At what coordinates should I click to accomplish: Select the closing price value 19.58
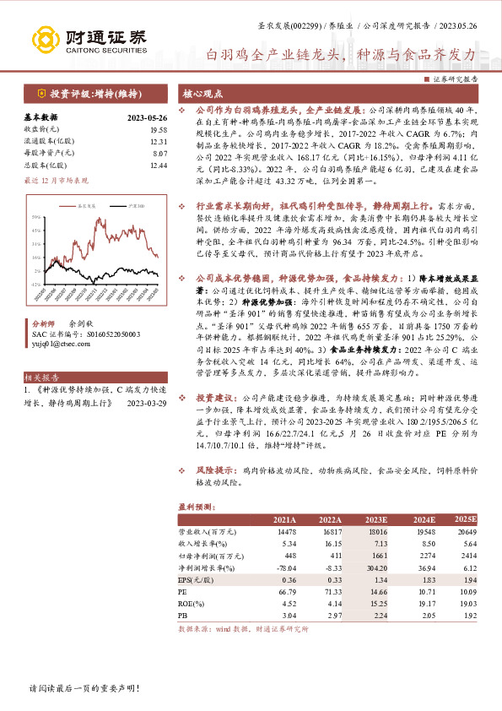pos(158,130)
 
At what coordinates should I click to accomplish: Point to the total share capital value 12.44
pos(158,166)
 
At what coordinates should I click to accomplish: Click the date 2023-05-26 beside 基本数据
pos(147,118)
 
